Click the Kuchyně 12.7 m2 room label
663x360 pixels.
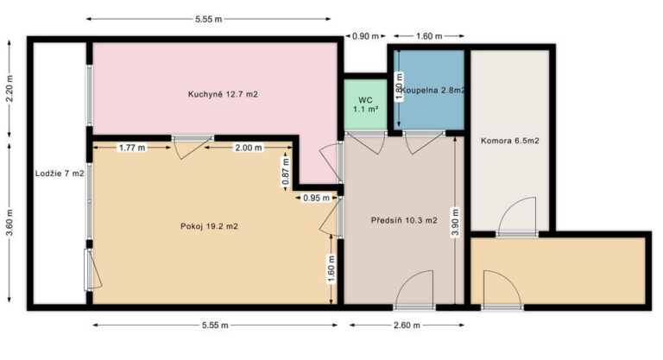click(x=223, y=94)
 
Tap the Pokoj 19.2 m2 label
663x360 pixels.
click(x=209, y=226)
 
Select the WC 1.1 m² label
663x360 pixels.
click(x=366, y=104)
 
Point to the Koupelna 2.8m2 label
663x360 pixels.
click(x=433, y=90)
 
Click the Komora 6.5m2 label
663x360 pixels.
click(x=510, y=141)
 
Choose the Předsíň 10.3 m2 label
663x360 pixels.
click(x=404, y=220)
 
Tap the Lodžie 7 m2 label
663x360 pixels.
click(x=60, y=174)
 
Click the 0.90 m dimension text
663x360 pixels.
click(x=366, y=36)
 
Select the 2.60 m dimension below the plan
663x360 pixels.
click(x=407, y=325)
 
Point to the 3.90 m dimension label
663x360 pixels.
click(x=455, y=223)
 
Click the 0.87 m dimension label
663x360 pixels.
click(x=286, y=172)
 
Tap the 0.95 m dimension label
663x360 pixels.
click(x=316, y=198)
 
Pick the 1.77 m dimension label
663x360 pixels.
click(x=132, y=148)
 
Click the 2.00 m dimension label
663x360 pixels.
click(x=249, y=148)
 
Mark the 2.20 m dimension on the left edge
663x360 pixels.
click(x=9, y=89)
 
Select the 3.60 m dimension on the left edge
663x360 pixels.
click(x=9, y=223)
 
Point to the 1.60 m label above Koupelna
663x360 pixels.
click(x=429, y=36)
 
